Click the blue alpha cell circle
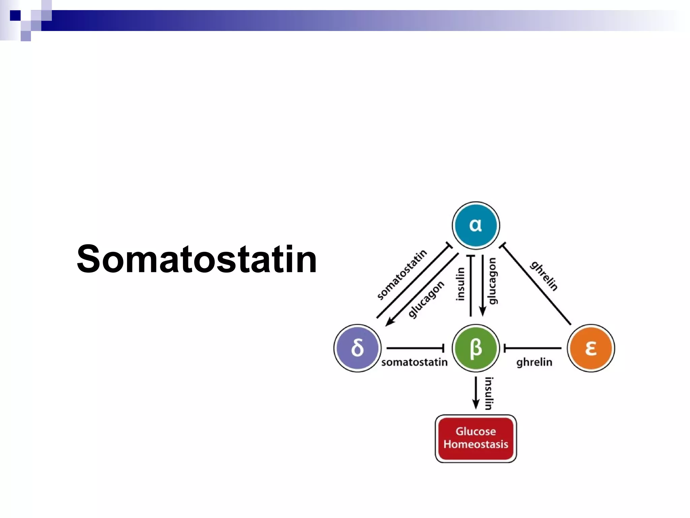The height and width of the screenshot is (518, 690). point(476,225)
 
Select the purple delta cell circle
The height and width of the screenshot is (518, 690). point(357,348)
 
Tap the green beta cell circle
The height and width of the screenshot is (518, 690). point(476,348)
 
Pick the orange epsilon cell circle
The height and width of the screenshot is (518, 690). point(591,348)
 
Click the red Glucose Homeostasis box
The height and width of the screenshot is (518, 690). point(476,438)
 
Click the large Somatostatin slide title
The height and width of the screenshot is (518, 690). point(197,259)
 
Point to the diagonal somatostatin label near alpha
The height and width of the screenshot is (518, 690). point(402,275)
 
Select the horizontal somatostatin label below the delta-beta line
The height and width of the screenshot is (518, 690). point(414,362)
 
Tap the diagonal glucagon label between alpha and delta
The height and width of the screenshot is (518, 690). point(426,299)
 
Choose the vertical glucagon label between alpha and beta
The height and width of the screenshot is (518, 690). point(493,281)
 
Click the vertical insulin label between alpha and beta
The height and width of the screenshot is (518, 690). point(460,284)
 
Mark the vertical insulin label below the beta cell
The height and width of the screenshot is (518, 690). point(489,393)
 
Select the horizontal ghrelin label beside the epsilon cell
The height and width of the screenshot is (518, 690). point(534,362)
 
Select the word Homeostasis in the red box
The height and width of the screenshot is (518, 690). point(476,444)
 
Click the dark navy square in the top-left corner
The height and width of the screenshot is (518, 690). point(15,16)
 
